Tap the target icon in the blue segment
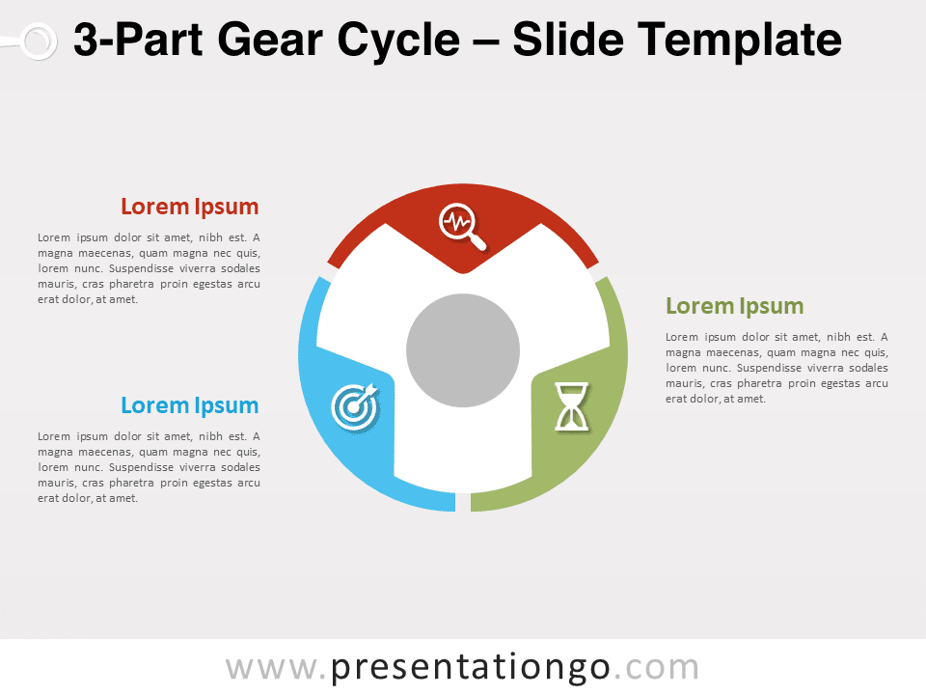point(355,406)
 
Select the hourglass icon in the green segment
point(571,406)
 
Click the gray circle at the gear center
point(463,350)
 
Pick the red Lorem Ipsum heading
point(190,207)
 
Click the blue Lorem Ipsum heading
point(190,406)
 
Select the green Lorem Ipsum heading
point(735,307)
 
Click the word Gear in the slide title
point(270,41)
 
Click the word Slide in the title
point(567,40)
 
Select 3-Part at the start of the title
point(138,41)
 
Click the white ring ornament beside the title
point(38,42)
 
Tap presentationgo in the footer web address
point(471,668)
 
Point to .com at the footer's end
point(656,668)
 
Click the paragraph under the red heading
point(149,268)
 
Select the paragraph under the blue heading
point(149,467)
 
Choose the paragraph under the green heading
point(776,368)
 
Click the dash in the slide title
point(485,42)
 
